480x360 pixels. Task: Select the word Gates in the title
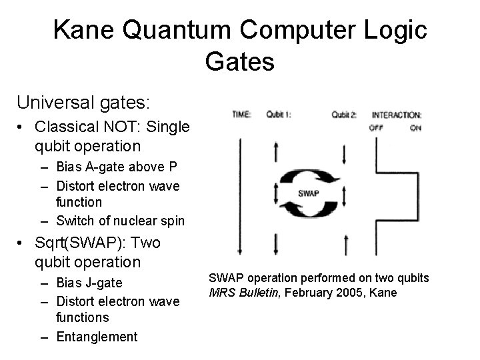coord(239,61)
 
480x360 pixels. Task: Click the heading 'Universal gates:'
coord(83,103)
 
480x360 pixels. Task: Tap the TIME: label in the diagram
coord(241,115)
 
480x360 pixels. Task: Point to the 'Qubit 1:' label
coord(278,115)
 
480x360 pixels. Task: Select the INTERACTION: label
coord(396,115)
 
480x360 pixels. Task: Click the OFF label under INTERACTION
coord(377,127)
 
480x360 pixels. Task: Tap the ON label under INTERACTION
coord(415,127)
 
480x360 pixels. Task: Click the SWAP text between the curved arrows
coord(308,193)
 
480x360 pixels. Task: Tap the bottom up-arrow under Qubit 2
coord(345,245)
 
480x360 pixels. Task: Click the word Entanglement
coord(97,337)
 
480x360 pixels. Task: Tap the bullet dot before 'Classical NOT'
coord(23,127)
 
